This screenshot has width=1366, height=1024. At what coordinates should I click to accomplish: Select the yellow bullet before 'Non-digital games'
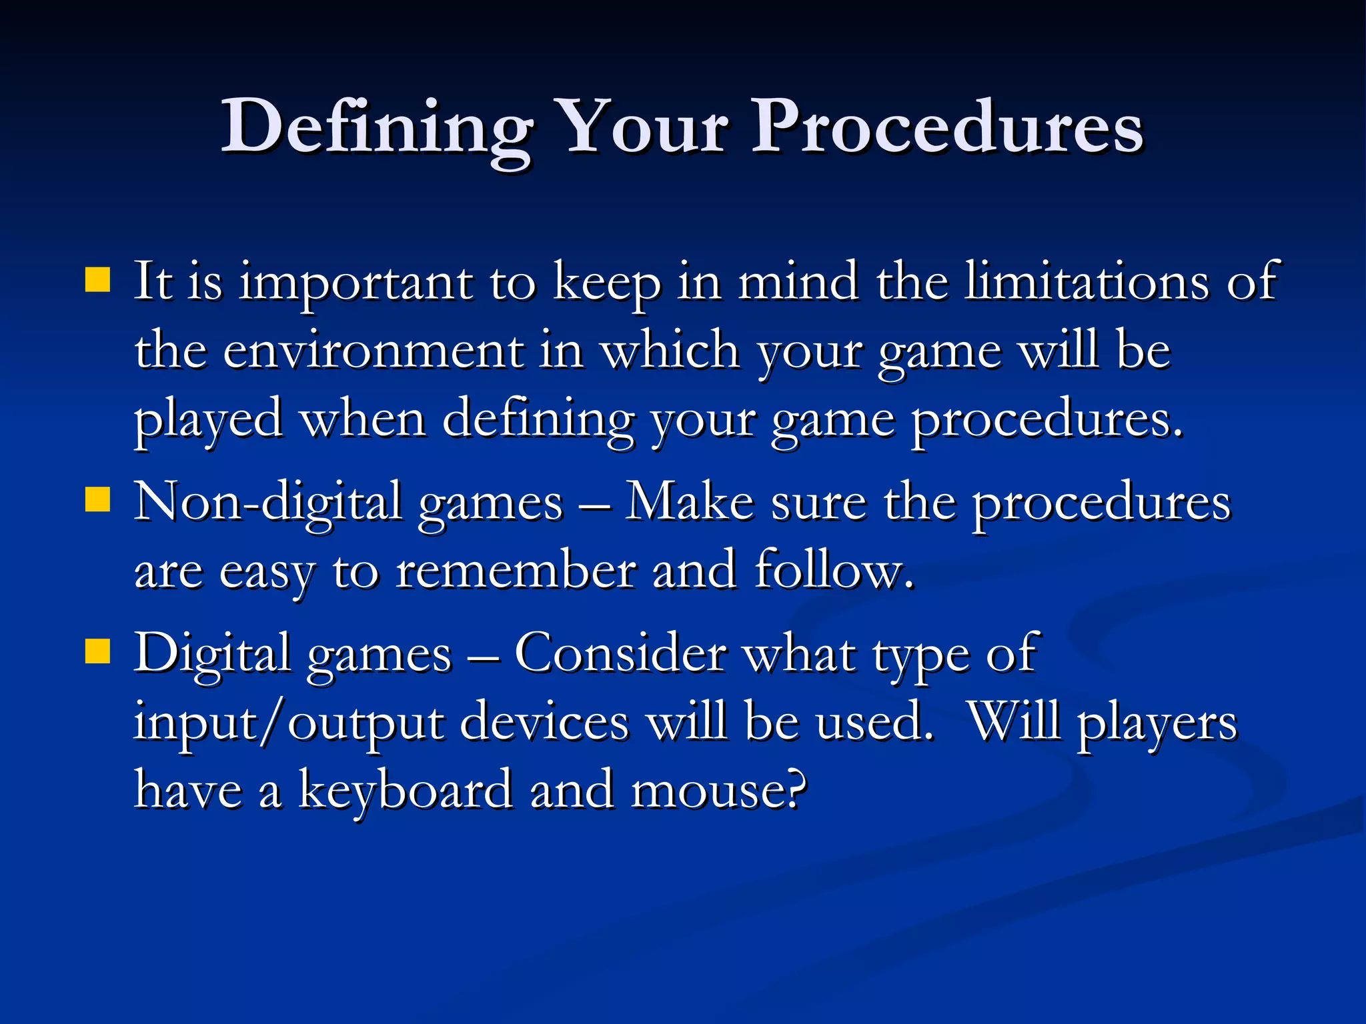(x=98, y=499)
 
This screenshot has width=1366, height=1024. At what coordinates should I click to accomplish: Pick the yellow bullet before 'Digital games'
(x=98, y=651)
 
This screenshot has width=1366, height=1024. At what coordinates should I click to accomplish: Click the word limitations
(x=1087, y=281)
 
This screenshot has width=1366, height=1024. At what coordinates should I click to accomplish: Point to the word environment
(x=373, y=351)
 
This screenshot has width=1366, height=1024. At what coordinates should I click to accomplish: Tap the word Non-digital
(x=267, y=502)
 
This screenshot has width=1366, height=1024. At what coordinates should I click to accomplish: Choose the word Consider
(x=620, y=654)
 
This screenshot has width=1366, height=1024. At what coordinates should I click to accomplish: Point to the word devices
(x=544, y=723)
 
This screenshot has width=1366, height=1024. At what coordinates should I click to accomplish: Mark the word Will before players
(x=1014, y=723)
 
